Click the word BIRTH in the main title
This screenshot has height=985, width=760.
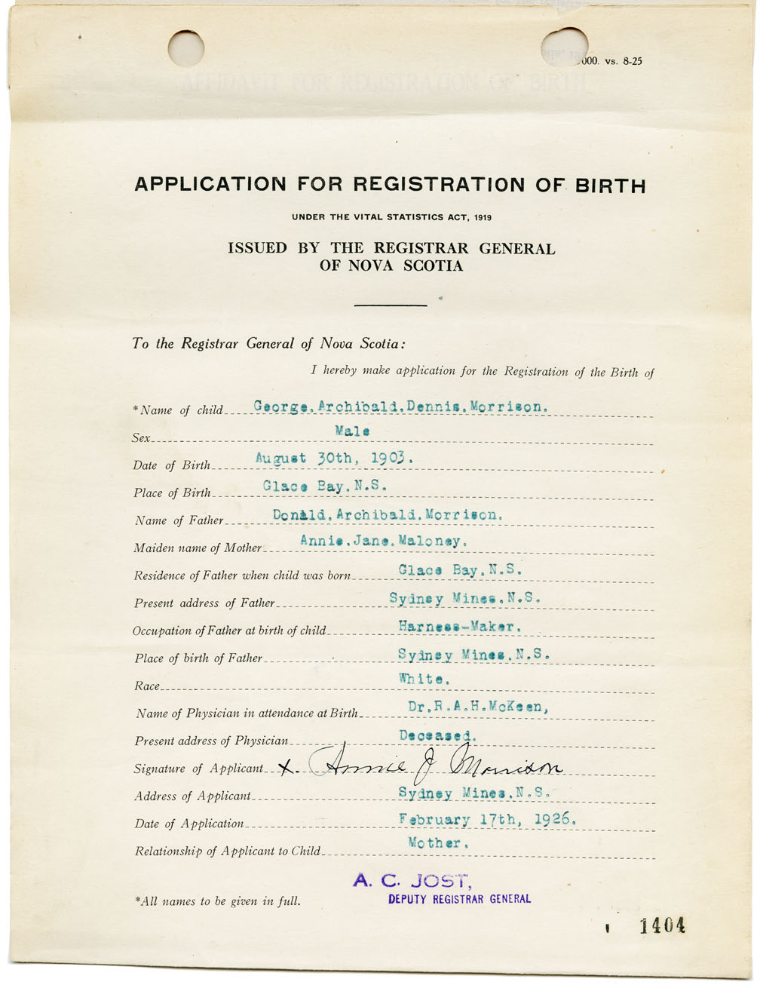[610, 185]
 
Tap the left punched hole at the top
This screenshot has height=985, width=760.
[186, 48]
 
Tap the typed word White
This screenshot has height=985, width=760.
[424, 679]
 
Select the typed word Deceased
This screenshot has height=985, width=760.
[437, 735]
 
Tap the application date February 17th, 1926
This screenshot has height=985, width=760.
[487, 819]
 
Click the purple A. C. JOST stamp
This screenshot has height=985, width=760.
[412, 879]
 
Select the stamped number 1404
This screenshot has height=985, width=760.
[662, 926]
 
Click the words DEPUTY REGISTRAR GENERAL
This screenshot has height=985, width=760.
[459, 899]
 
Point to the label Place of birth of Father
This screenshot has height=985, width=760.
[198, 658]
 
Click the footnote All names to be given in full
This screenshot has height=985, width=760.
[217, 901]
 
